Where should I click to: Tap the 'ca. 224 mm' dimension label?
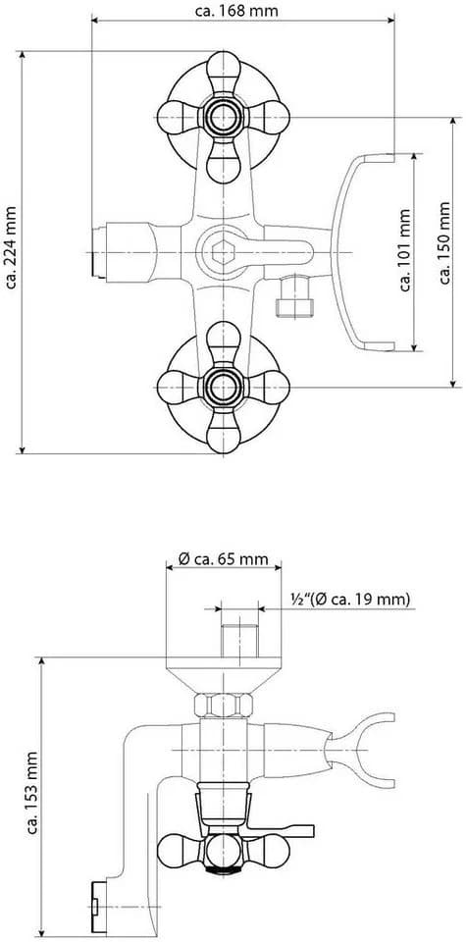[11, 247]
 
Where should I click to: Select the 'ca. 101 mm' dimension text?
[406, 250]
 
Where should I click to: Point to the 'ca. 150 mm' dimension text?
[444, 242]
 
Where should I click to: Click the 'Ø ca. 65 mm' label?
[224, 558]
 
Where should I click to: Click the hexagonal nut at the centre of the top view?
[223, 251]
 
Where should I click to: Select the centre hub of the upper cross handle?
[224, 117]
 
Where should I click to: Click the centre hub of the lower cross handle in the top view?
[224, 388]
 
